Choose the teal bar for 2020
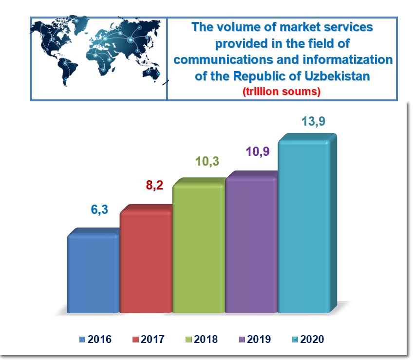[x=303, y=227]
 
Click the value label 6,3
[x=99, y=210]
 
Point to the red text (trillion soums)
[x=282, y=91]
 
